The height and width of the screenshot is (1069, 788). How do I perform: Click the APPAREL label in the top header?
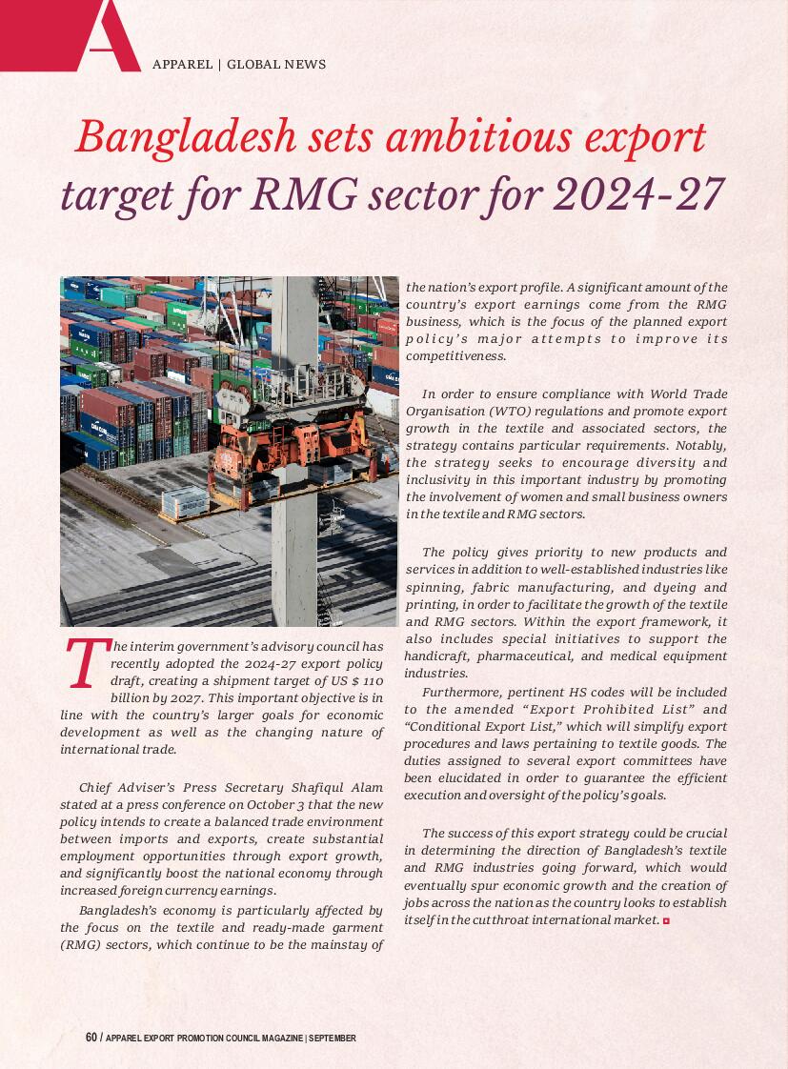tap(182, 65)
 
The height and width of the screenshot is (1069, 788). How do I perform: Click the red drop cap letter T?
tap(84, 664)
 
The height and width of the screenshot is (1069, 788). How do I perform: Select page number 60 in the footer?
tap(91, 1038)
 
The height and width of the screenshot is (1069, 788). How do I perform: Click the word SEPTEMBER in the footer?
tap(333, 1038)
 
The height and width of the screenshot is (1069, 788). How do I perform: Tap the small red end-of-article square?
tap(666, 919)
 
